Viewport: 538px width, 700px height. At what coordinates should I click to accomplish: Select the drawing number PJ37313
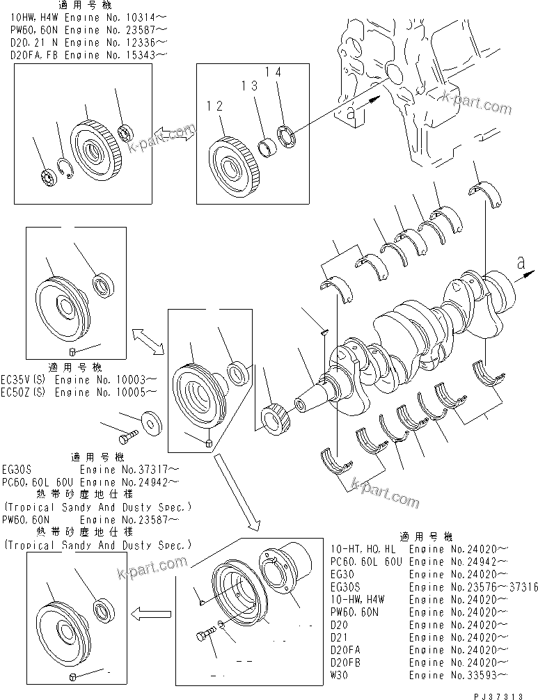click(507, 694)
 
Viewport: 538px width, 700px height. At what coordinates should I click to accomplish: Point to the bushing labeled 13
click(267, 147)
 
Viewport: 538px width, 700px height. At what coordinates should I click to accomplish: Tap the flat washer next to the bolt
click(150, 421)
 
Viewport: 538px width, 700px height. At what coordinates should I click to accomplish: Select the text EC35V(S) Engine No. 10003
click(79, 380)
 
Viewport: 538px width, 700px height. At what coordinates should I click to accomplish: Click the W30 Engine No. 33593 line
click(418, 675)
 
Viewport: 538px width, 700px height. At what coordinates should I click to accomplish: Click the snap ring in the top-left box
click(65, 168)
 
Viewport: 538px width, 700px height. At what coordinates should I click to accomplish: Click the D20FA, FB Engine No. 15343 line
click(88, 54)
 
